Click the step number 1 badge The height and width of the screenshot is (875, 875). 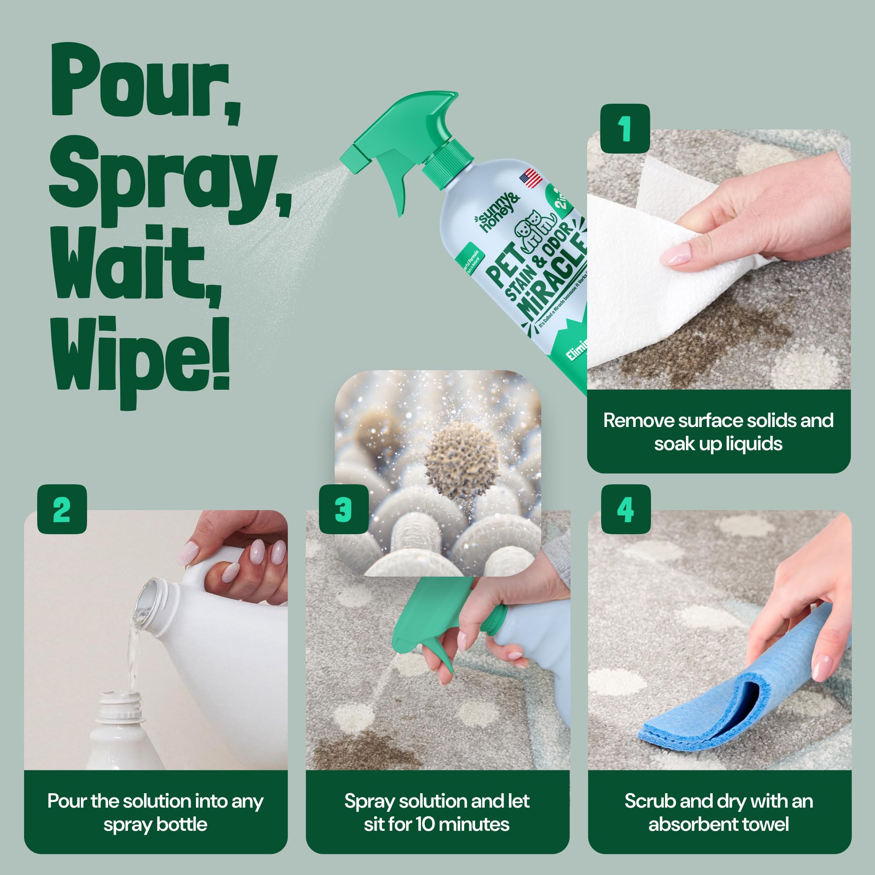(x=625, y=129)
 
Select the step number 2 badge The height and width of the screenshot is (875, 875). (x=62, y=510)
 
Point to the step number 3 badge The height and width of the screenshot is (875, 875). (x=343, y=510)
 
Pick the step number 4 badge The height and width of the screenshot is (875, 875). (x=626, y=510)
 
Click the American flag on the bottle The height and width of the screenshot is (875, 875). (x=531, y=178)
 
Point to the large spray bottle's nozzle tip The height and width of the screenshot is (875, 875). (x=349, y=157)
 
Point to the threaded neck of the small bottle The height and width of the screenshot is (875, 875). (x=120, y=707)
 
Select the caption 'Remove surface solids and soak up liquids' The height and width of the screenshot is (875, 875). (x=718, y=432)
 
